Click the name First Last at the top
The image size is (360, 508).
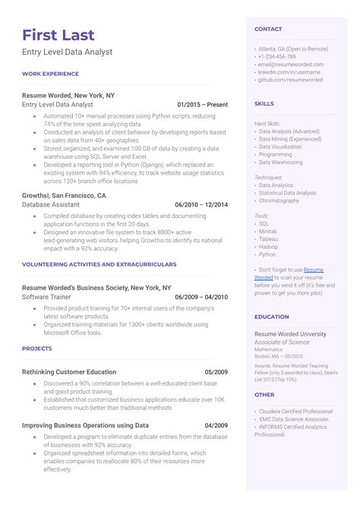point(58,35)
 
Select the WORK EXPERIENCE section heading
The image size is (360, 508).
point(50,74)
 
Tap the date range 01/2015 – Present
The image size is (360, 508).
point(202,104)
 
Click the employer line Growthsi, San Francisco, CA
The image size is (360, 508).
point(64,195)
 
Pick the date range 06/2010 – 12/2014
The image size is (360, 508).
point(201,204)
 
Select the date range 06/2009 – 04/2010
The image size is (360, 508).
point(201,297)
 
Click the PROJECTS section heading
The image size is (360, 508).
point(37,349)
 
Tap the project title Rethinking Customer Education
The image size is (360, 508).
point(69,372)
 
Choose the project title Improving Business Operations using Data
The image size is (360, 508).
point(85,426)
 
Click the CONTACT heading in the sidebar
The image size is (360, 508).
point(268,29)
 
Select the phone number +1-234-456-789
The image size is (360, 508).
point(277,56)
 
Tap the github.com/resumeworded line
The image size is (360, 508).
point(290,80)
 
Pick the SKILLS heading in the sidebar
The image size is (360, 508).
point(264,103)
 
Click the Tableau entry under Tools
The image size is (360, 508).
point(269,239)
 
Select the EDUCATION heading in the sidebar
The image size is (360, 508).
point(272,317)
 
